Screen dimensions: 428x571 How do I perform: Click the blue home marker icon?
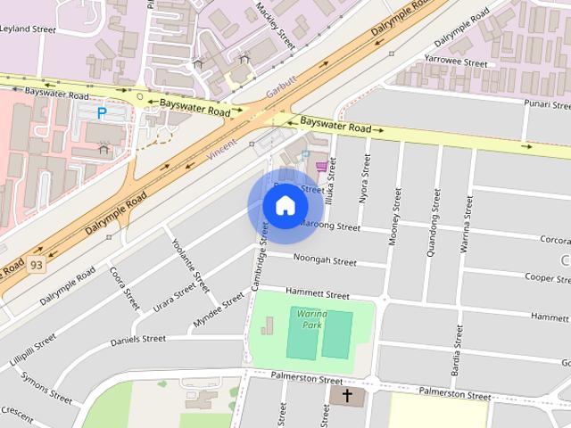pos(285,206)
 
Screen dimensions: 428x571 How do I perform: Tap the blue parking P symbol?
pos(102,113)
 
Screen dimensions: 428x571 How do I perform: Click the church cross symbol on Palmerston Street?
pos(346,394)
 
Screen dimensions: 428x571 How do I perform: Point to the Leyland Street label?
pos(29,29)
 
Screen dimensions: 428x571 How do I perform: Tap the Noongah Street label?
pos(325,260)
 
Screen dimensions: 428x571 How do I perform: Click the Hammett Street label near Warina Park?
pos(317,292)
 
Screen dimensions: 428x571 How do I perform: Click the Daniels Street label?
pos(137,340)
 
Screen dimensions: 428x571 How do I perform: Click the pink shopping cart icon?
pos(320,167)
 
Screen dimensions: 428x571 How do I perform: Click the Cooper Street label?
pos(553,277)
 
